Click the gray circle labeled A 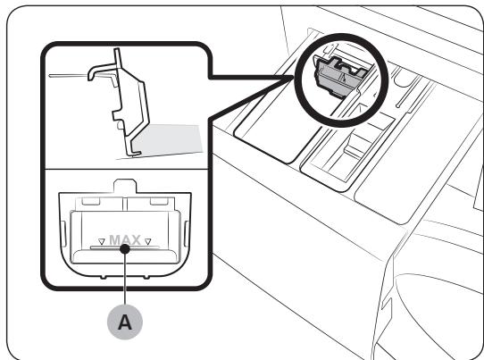(125, 322)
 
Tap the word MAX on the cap (125, 240)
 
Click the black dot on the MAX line (125, 248)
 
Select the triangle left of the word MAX (102, 241)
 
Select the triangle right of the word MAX (148, 241)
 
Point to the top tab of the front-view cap (125, 186)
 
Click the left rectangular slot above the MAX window (91, 201)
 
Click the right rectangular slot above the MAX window (159, 201)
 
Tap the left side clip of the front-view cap (63, 234)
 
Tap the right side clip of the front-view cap (187, 234)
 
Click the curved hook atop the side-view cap (101, 71)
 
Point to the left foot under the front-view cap (104, 277)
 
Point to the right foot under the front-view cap (146, 277)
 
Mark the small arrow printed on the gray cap (344, 77)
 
